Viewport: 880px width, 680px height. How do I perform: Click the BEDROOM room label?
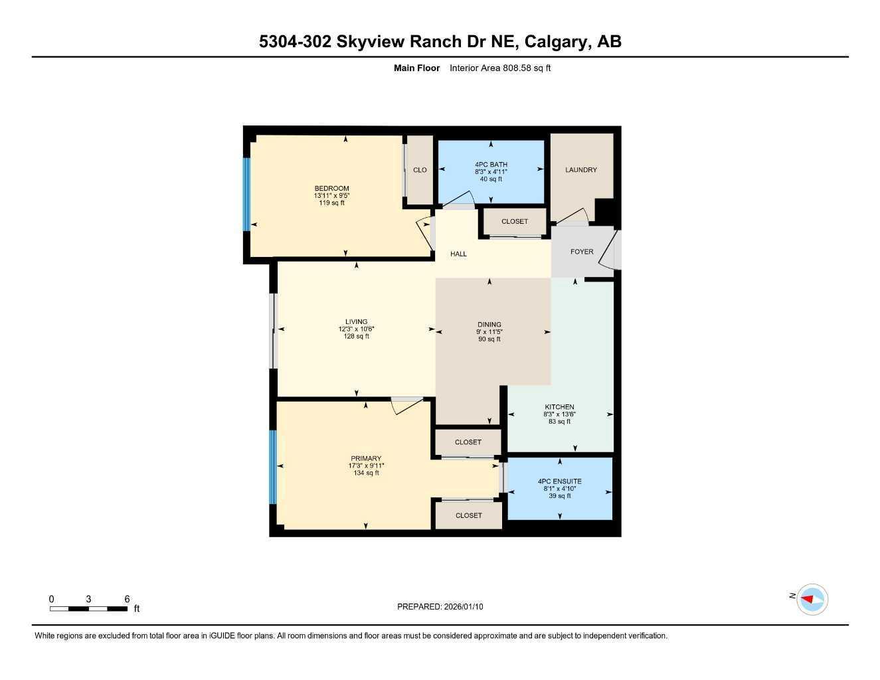tap(331, 189)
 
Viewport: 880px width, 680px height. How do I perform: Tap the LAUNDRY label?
tap(580, 170)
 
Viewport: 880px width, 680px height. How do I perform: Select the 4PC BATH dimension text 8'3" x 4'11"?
tap(491, 171)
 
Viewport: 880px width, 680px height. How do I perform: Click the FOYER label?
tap(582, 252)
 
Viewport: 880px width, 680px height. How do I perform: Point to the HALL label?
tap(458, 254)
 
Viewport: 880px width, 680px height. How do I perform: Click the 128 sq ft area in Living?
tap(356, 336)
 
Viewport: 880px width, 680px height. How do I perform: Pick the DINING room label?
tap(489, 325)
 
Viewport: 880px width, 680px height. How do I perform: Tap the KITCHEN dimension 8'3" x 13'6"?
tap(559, 414)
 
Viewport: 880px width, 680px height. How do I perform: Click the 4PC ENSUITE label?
tap(559, 481)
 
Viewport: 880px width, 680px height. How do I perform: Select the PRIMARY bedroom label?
tap(366, 458)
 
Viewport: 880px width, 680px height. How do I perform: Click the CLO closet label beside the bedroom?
tap(420, 170)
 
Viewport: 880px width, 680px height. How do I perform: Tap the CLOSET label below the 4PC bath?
tap(515, 221)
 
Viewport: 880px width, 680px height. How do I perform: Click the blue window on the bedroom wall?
tap(246, 194)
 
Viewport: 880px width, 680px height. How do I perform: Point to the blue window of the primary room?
tap(272, 467)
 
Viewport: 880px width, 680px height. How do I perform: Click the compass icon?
tap(812, 599)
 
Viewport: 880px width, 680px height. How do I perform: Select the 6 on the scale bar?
tap(127, 599)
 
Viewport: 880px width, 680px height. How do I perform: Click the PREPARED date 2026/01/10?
tap(464, 606)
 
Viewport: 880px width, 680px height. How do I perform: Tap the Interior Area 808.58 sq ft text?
tap(500, 68)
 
